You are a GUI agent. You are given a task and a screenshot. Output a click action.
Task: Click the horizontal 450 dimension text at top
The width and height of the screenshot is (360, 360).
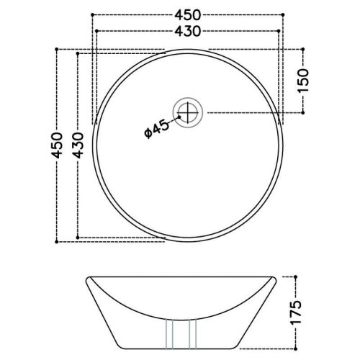tap(186, 15)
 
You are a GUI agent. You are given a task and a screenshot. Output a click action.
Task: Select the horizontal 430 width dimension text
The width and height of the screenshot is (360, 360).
tap(186, 31)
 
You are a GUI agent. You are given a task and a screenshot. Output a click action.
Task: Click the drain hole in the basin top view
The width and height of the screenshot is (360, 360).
tap(191, 111)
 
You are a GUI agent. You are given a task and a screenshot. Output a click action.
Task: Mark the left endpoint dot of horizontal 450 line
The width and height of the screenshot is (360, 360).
tap(92, 15)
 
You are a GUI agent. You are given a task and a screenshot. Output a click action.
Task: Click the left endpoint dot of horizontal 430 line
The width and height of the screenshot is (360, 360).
tap(96, 31)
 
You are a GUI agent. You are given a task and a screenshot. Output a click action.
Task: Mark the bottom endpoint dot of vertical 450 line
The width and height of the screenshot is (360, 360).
tap(58, 241)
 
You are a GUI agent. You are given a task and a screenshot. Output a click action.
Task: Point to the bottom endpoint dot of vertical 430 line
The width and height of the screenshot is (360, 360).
tap(77, 237)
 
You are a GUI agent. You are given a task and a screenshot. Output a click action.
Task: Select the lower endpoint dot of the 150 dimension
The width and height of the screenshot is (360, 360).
tap(303, 111)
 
